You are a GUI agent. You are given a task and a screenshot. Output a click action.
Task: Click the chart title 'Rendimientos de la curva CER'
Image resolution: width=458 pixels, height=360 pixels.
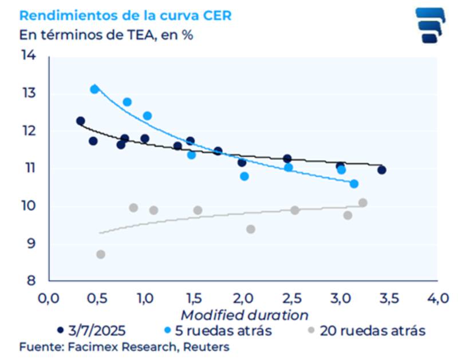coord(125,15)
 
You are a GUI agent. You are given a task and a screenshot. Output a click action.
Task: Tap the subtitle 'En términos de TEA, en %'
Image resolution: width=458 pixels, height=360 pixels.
coord(106,34)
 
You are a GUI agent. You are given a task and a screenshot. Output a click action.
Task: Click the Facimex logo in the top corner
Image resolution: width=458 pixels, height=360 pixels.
coord(430,26)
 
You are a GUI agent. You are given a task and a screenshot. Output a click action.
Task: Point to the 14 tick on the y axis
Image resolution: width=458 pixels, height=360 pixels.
coord(29,56)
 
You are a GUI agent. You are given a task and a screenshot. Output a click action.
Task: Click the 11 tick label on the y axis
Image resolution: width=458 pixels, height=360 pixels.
coord(29,168)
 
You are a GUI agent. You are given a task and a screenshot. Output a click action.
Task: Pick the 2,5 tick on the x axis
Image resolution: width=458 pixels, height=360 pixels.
coord(293,298)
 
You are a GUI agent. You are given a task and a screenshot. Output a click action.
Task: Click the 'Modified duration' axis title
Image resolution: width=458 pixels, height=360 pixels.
coord(244,315)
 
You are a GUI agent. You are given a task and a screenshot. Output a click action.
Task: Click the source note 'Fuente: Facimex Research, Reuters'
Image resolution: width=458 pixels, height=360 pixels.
coord(124,347)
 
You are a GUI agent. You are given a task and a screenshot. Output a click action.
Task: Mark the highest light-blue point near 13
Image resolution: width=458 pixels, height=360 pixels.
coord(94,89)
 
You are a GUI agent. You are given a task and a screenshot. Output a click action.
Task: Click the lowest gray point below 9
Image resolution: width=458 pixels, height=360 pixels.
coord(101,254)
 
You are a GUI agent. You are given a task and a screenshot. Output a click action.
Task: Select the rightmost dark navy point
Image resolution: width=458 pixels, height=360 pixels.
coord(381,170)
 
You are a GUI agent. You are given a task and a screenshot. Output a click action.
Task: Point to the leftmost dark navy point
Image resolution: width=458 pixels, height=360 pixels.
coord(81,121)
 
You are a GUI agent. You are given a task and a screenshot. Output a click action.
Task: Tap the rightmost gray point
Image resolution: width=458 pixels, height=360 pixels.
coord(362,203)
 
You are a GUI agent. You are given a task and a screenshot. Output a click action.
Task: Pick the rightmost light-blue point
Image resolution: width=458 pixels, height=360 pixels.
coord(354,184)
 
